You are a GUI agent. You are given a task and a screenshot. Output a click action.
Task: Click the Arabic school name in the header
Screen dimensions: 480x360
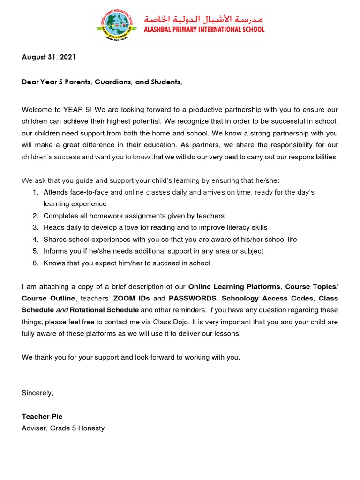pyautogui.click(x=204, y=19)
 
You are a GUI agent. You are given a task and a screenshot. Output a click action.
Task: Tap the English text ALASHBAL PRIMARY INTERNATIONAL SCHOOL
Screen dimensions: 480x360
pyautogui.click(x=204, y=30)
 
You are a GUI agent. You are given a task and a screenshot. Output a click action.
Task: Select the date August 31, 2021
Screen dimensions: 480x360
pyautogui.click(x=48, y=57)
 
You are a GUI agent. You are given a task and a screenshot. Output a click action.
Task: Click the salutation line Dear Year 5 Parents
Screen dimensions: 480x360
pyautogui.click(x=102, y=82)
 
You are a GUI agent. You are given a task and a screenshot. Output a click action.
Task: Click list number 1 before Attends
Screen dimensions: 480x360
pyautogui.click(x=35, y=192)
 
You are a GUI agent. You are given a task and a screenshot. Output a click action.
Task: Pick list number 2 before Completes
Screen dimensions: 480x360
pyautogui.click(x=35, y=216)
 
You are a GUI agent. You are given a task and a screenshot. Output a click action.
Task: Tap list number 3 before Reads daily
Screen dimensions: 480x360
pyautogui.click(x=35, y=227)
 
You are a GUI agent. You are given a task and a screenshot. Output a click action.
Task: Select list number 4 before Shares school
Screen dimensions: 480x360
pyautogui.click(x=35, y=239)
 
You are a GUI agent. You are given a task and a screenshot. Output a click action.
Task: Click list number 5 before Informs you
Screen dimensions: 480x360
pyautogui.click(x=35, y=251)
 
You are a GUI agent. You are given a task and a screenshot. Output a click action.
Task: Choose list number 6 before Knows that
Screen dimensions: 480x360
pyautogui.click(x=35, y=263)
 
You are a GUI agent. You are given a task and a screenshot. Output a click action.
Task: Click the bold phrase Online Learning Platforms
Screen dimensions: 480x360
pyautogui.click(x=234, y=286)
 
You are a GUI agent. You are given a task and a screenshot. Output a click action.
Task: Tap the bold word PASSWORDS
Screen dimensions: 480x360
pyautogui.click(x=192, y=298)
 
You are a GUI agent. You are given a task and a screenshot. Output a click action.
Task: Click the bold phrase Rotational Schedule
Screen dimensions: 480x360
pyautogui.click(x=104, y=310)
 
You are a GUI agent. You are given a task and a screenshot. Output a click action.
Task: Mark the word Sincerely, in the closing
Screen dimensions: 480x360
pyautogui.click(x=37, y=393)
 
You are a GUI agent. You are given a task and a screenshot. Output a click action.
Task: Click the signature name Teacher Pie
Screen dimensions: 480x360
pyautogui.click(x=42, y=416)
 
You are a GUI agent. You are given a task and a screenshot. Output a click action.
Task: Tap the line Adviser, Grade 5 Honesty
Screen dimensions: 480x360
pyautogui.click(x=63, y=428)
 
